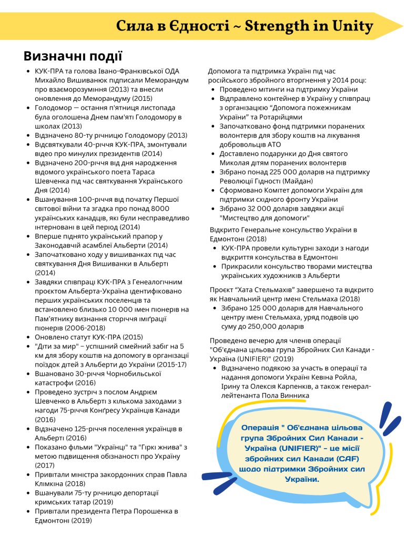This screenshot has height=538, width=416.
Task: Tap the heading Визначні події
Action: [73, 56]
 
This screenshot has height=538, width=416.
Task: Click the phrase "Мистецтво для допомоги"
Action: [265, 218]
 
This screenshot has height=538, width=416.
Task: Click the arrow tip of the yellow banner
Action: [402, 26]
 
